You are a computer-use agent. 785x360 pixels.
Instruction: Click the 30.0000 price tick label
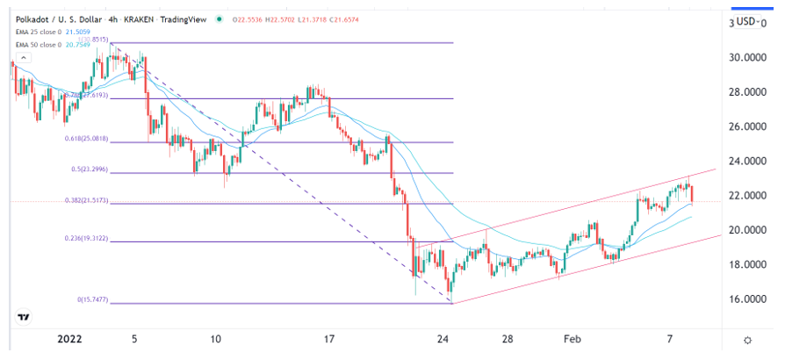pyautogui.click(x=745, y=57)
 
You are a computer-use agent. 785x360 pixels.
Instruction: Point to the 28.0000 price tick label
pyautogui.click(x=745, y=91)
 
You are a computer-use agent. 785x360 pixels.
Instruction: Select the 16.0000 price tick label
pyautogui.click(x=745, y=299)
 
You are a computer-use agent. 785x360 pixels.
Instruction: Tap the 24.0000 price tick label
pyautogui.click(x=745, y=161)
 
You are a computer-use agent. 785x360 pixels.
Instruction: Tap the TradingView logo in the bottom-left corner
pyautogui.click(x=25, y=317)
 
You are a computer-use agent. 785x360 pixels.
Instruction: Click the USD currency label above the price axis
pyautogui.click(x=748, y=21)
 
